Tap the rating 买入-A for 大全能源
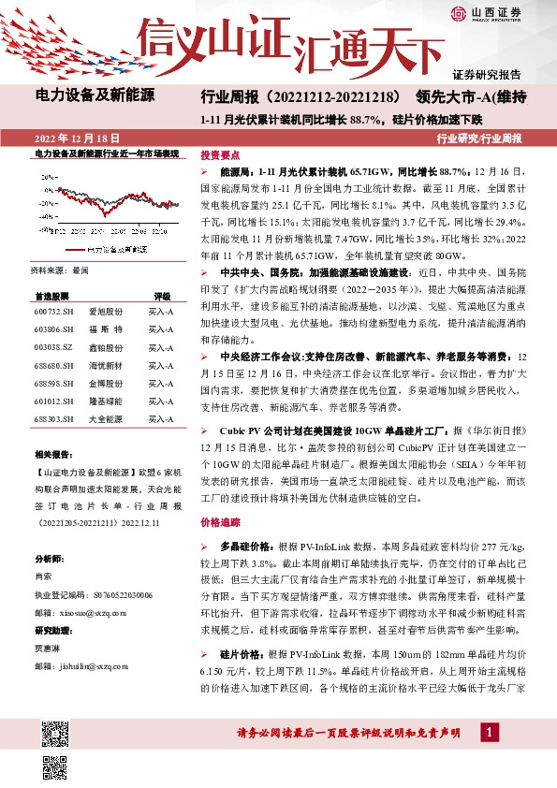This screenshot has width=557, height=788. (161, 418)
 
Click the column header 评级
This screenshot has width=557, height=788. (162, 294)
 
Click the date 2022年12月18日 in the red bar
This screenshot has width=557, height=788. (71, 137)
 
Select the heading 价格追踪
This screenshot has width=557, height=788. (221, 525)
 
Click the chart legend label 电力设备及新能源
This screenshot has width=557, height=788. (116, 250)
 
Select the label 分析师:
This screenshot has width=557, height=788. (49, 559)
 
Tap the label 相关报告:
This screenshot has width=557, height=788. (51, 452)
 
